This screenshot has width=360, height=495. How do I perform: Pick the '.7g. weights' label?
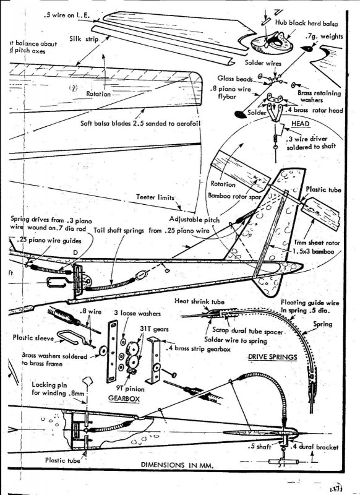[325, 37]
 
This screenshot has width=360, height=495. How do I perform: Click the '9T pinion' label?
[126, 390]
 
